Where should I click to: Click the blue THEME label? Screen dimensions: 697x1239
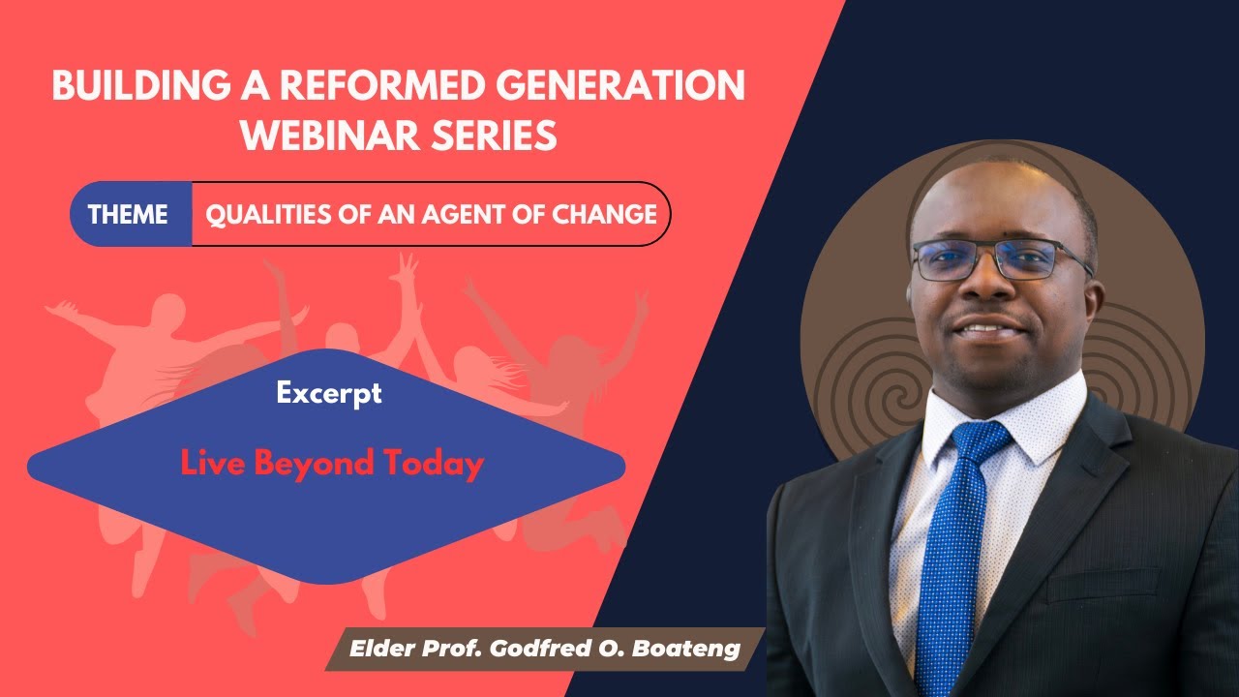[x=129, y=214]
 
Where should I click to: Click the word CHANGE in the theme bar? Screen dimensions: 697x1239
[x=604, y=214]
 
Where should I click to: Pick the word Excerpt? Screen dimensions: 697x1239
[x=328, y=393]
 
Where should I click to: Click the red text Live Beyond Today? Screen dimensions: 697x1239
[x=331, y=465]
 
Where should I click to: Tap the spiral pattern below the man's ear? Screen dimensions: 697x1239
[x=876, y=387]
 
